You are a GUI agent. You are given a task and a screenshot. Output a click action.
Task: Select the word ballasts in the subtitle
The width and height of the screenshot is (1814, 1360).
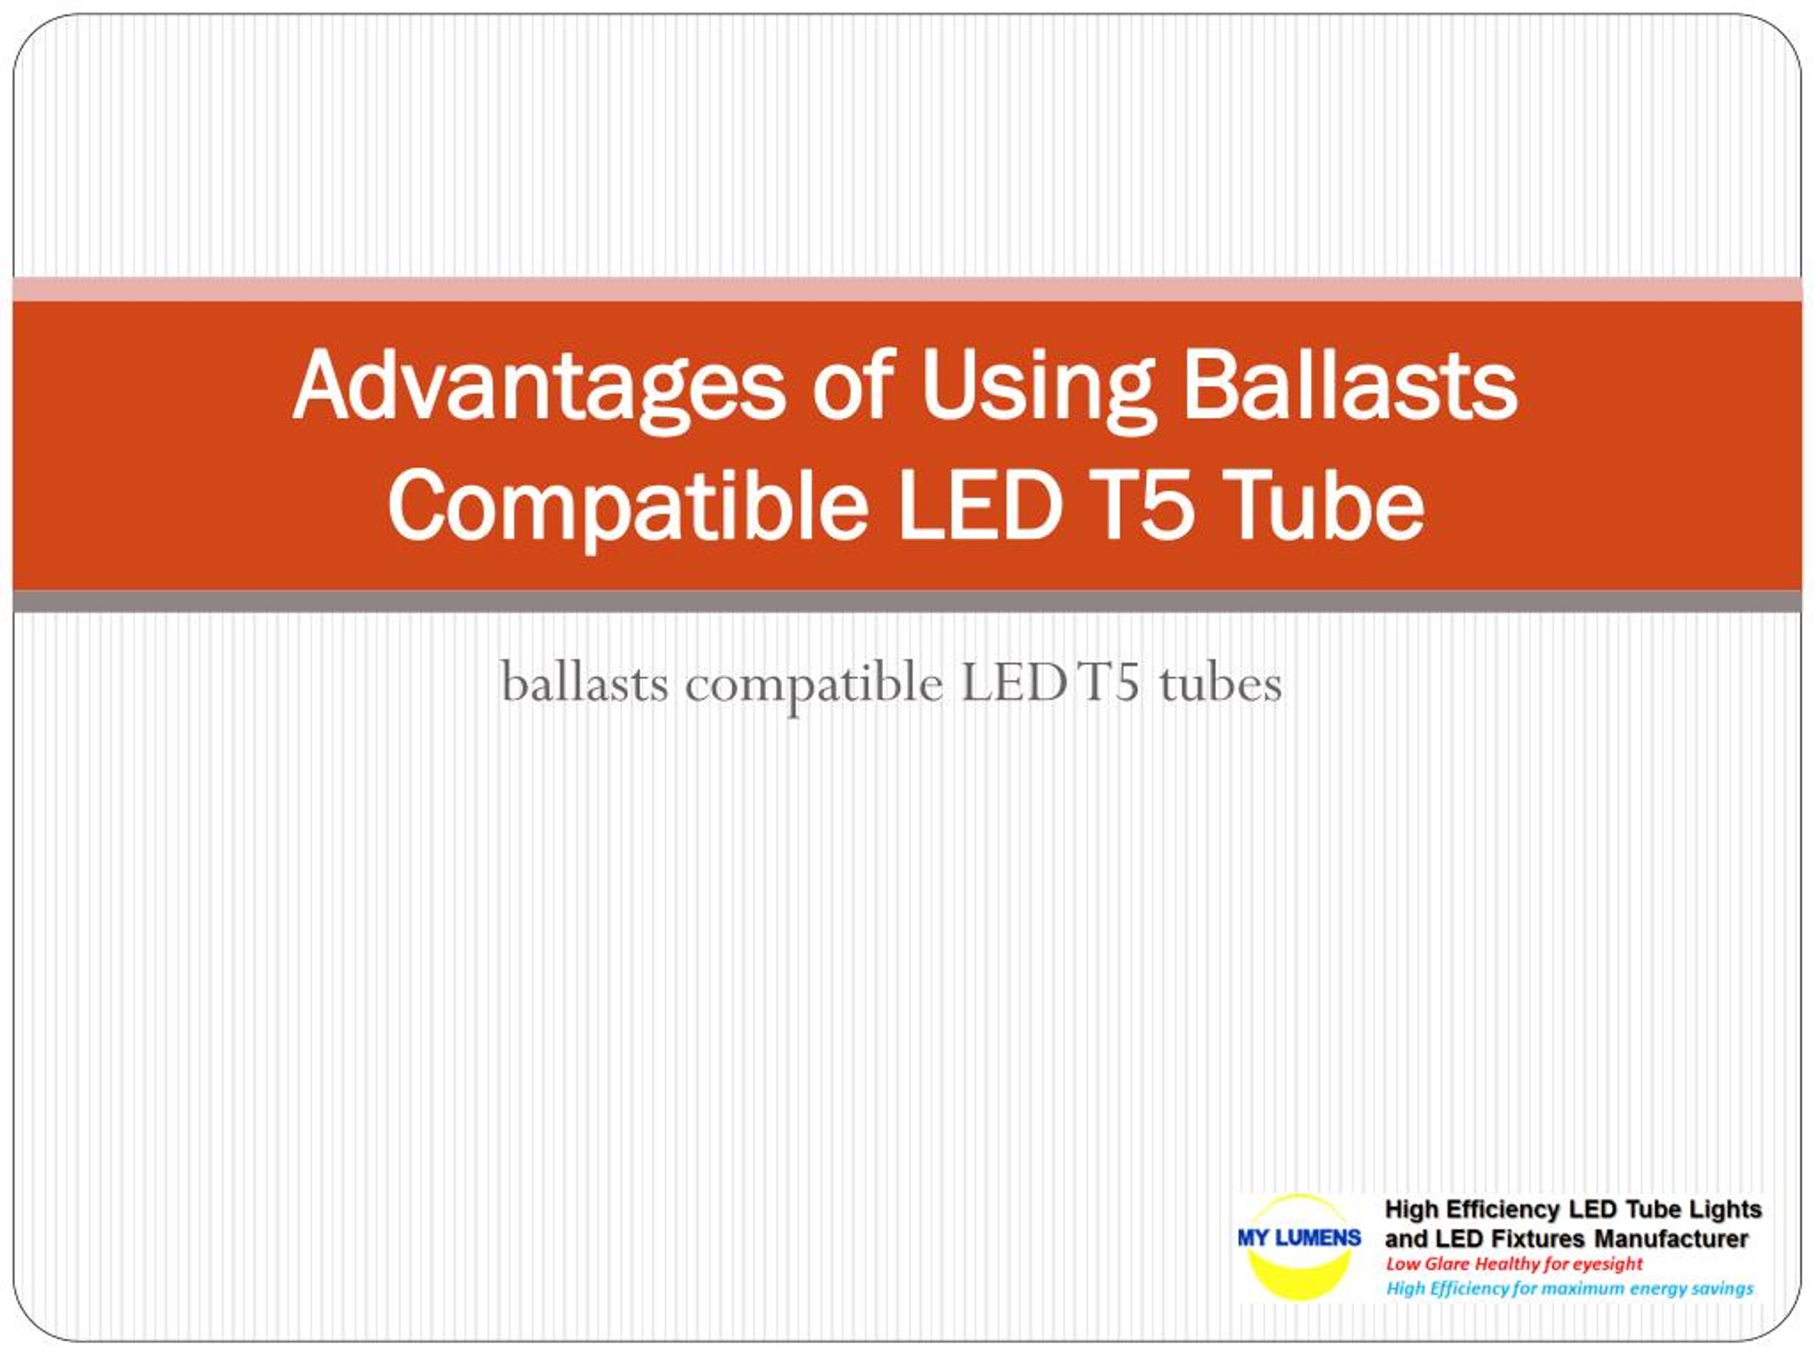click(584, 682)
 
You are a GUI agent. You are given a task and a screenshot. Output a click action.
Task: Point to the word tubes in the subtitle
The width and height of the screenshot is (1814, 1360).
click(1221, 682)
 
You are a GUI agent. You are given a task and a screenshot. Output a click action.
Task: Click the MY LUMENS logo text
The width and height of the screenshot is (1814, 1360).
click(1299, 1238)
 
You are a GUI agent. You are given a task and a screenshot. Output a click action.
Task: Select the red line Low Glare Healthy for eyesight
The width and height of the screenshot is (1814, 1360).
click(1514, 1264)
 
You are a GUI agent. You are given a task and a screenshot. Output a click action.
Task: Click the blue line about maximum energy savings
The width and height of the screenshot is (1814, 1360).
click(1570, 1288)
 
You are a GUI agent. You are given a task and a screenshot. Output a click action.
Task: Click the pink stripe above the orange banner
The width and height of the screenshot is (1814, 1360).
click(907, 290)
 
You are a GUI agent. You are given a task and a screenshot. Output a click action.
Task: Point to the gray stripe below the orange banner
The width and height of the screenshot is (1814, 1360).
click(907, 601)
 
